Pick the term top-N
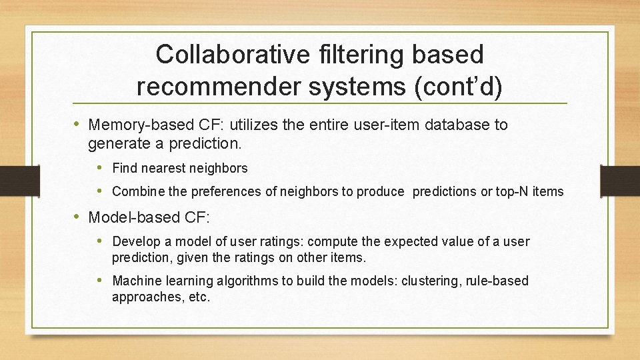point(513,192)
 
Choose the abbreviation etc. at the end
point(199,297)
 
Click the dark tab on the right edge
point(619,181)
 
